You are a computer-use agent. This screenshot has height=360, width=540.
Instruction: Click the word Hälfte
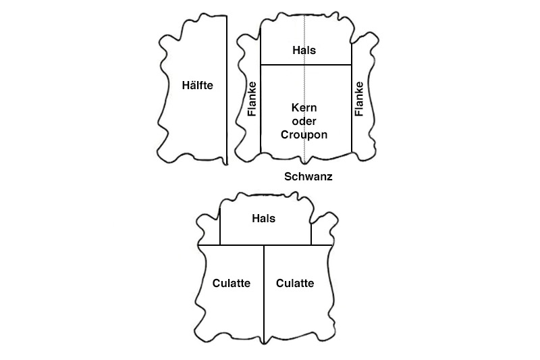tap(198, 85)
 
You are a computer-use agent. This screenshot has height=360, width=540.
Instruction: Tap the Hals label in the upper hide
tap(304, 50)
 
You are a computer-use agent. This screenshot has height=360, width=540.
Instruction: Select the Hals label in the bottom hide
tap(263, 219)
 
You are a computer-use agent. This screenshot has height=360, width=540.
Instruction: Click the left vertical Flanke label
tap(252, 99)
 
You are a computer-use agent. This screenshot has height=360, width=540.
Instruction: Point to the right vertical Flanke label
tap(359, 99)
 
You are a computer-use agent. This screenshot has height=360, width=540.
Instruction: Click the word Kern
tap(304, 108)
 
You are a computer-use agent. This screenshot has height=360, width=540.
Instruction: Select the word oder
tap(304, 121)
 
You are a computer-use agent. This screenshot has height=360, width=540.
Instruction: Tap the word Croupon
tap(304, 134)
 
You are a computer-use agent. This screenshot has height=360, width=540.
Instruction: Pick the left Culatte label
tap(231, 283)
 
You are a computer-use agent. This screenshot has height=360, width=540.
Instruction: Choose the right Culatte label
tap(295, 283)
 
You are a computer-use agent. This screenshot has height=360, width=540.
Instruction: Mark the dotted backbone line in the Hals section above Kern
tap(305, 34)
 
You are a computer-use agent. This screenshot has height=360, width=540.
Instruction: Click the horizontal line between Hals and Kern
tap(283, 65)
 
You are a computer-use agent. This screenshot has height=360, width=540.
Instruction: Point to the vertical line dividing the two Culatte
tap(264, 304)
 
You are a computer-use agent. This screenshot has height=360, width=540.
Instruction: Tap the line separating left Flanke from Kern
tap(261, 115)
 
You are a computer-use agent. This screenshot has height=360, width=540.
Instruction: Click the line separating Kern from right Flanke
tap(352, 115)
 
